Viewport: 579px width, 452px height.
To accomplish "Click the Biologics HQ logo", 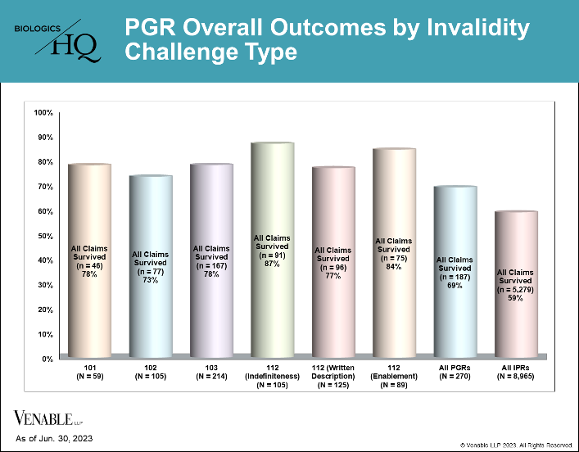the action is (57, 42).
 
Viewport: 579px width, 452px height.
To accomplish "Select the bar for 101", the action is (90, 260).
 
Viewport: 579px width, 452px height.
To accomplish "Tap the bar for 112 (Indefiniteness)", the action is (273, 250).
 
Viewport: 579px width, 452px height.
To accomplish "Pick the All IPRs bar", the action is (516, 284).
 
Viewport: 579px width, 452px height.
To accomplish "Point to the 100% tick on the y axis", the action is (43, 113).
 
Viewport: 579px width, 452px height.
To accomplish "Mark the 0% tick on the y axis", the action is (47, 359).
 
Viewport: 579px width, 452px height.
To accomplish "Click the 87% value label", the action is (272, 264).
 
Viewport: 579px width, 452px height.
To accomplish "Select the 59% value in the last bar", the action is (515, 298).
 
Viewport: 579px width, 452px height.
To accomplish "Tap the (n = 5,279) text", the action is (515, 290).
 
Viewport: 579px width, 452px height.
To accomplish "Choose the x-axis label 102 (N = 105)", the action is (151, 373).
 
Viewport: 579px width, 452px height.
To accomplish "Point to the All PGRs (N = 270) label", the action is (455, 373).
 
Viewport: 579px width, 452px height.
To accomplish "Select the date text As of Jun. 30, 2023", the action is (54, 439).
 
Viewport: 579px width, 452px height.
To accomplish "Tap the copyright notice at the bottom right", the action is (516, 445).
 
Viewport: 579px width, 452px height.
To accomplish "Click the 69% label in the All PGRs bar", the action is (455, 286).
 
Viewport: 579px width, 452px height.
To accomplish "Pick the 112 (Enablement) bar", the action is (394, 252).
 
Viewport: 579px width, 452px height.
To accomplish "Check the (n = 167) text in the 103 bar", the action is (211, 266).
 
